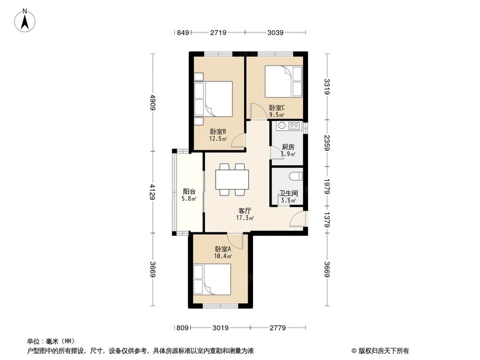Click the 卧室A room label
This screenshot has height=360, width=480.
tap(223, 249)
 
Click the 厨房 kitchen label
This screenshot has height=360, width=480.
tap(288, 147)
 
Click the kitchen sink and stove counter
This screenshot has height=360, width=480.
tap(288, 127)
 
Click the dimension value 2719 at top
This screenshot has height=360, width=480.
tap(218, 33)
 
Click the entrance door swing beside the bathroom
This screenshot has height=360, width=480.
tap(299, 219)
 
